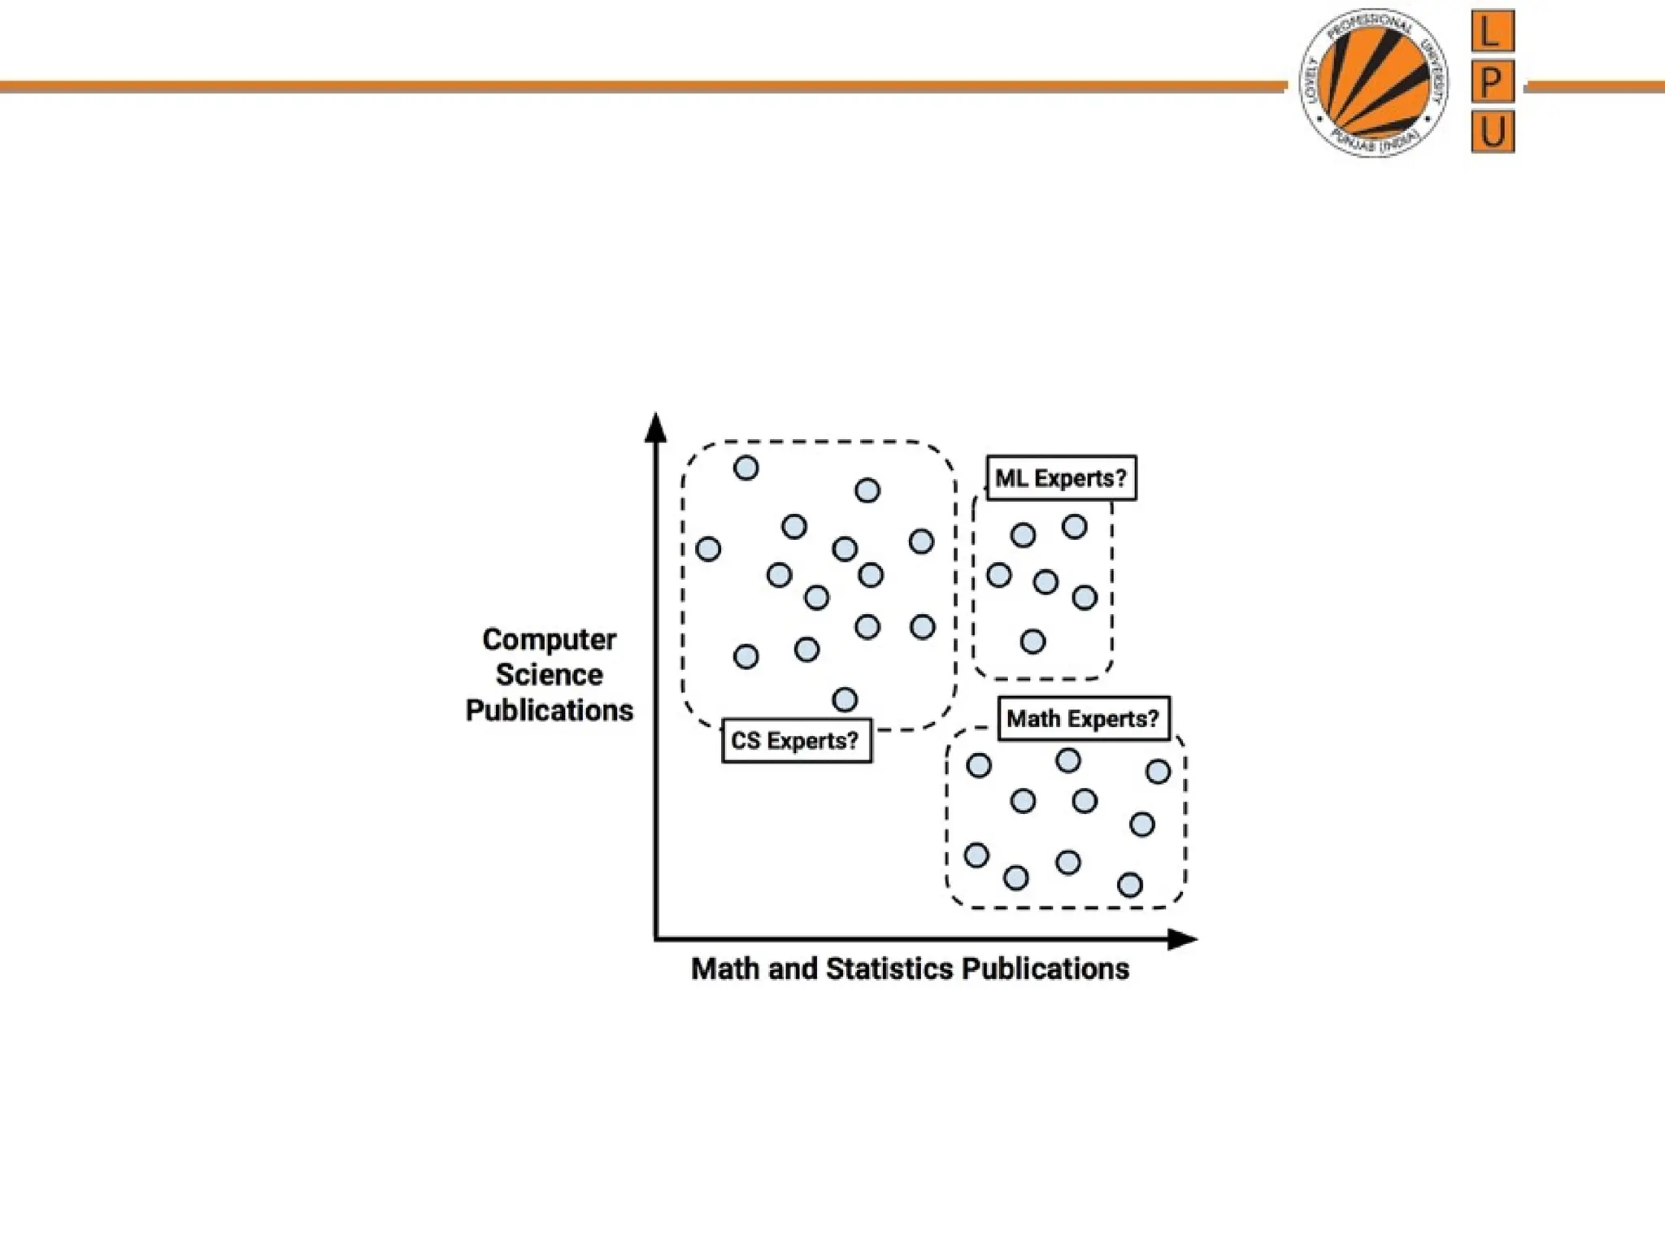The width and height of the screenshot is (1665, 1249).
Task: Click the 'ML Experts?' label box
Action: pos(1061,478)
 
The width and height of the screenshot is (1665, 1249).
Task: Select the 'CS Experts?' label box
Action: pos(796,741)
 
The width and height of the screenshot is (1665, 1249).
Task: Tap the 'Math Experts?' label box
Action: pos(1083,719)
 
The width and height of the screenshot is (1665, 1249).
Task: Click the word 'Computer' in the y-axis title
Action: pos(550,640)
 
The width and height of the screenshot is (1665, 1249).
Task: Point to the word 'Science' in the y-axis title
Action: pos(550,675)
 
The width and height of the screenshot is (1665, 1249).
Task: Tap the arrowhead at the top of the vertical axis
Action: pos(655,429)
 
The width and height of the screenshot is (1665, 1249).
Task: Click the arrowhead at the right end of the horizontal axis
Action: pos(1182,940)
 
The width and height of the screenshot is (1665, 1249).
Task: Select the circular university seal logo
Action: pos(1374,83)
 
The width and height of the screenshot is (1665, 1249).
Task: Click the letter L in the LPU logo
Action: pos(1493,32)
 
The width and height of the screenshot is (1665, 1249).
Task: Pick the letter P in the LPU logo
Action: pos(1493,81)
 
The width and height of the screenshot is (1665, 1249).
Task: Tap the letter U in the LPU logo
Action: pos(1493,131)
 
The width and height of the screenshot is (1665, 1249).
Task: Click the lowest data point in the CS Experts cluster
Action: pos(845,699)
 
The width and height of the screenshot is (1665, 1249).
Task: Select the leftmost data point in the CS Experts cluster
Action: pos(708,549)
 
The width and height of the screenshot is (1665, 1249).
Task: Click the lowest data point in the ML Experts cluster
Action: pos(1032,642)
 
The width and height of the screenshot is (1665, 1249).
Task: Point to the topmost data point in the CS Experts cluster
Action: pos(746,468)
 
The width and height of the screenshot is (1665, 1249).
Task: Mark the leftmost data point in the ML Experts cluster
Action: pos(998,576)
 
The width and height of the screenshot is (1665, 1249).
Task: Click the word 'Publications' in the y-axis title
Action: pos(550,711)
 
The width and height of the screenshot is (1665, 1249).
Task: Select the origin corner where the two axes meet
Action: pos(656,940)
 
